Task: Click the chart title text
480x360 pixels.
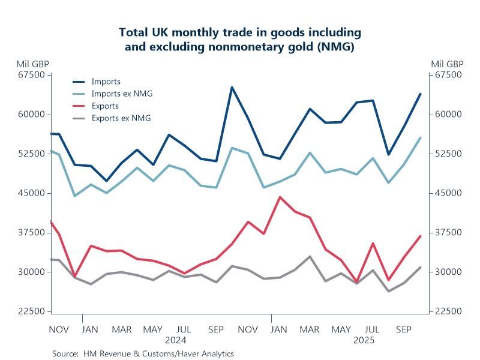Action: [240, 40]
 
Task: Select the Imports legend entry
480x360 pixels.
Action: [106, 81]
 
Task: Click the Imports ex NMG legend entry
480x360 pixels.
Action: [118, 94]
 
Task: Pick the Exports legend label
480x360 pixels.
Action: [105, 106]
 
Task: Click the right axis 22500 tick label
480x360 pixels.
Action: [448, 311]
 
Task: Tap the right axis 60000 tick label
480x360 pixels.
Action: [448, 115]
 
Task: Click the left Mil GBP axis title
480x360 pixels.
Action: [33, 64]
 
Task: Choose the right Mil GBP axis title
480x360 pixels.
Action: [447, 64]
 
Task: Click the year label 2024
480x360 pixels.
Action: [176, 340]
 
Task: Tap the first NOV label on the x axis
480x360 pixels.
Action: [59, 329]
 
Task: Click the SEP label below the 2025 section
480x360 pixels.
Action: [404, 329]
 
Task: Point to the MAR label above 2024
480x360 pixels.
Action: [122, 329]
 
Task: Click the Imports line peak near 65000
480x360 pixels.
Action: [232, 88]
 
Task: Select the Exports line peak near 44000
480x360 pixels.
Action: [279, 197]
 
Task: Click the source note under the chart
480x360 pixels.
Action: [143, 353]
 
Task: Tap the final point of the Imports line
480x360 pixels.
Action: [420, 94]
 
